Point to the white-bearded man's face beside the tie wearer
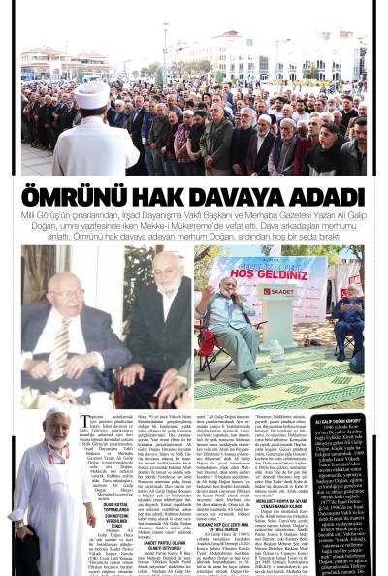tap(166, 286)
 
